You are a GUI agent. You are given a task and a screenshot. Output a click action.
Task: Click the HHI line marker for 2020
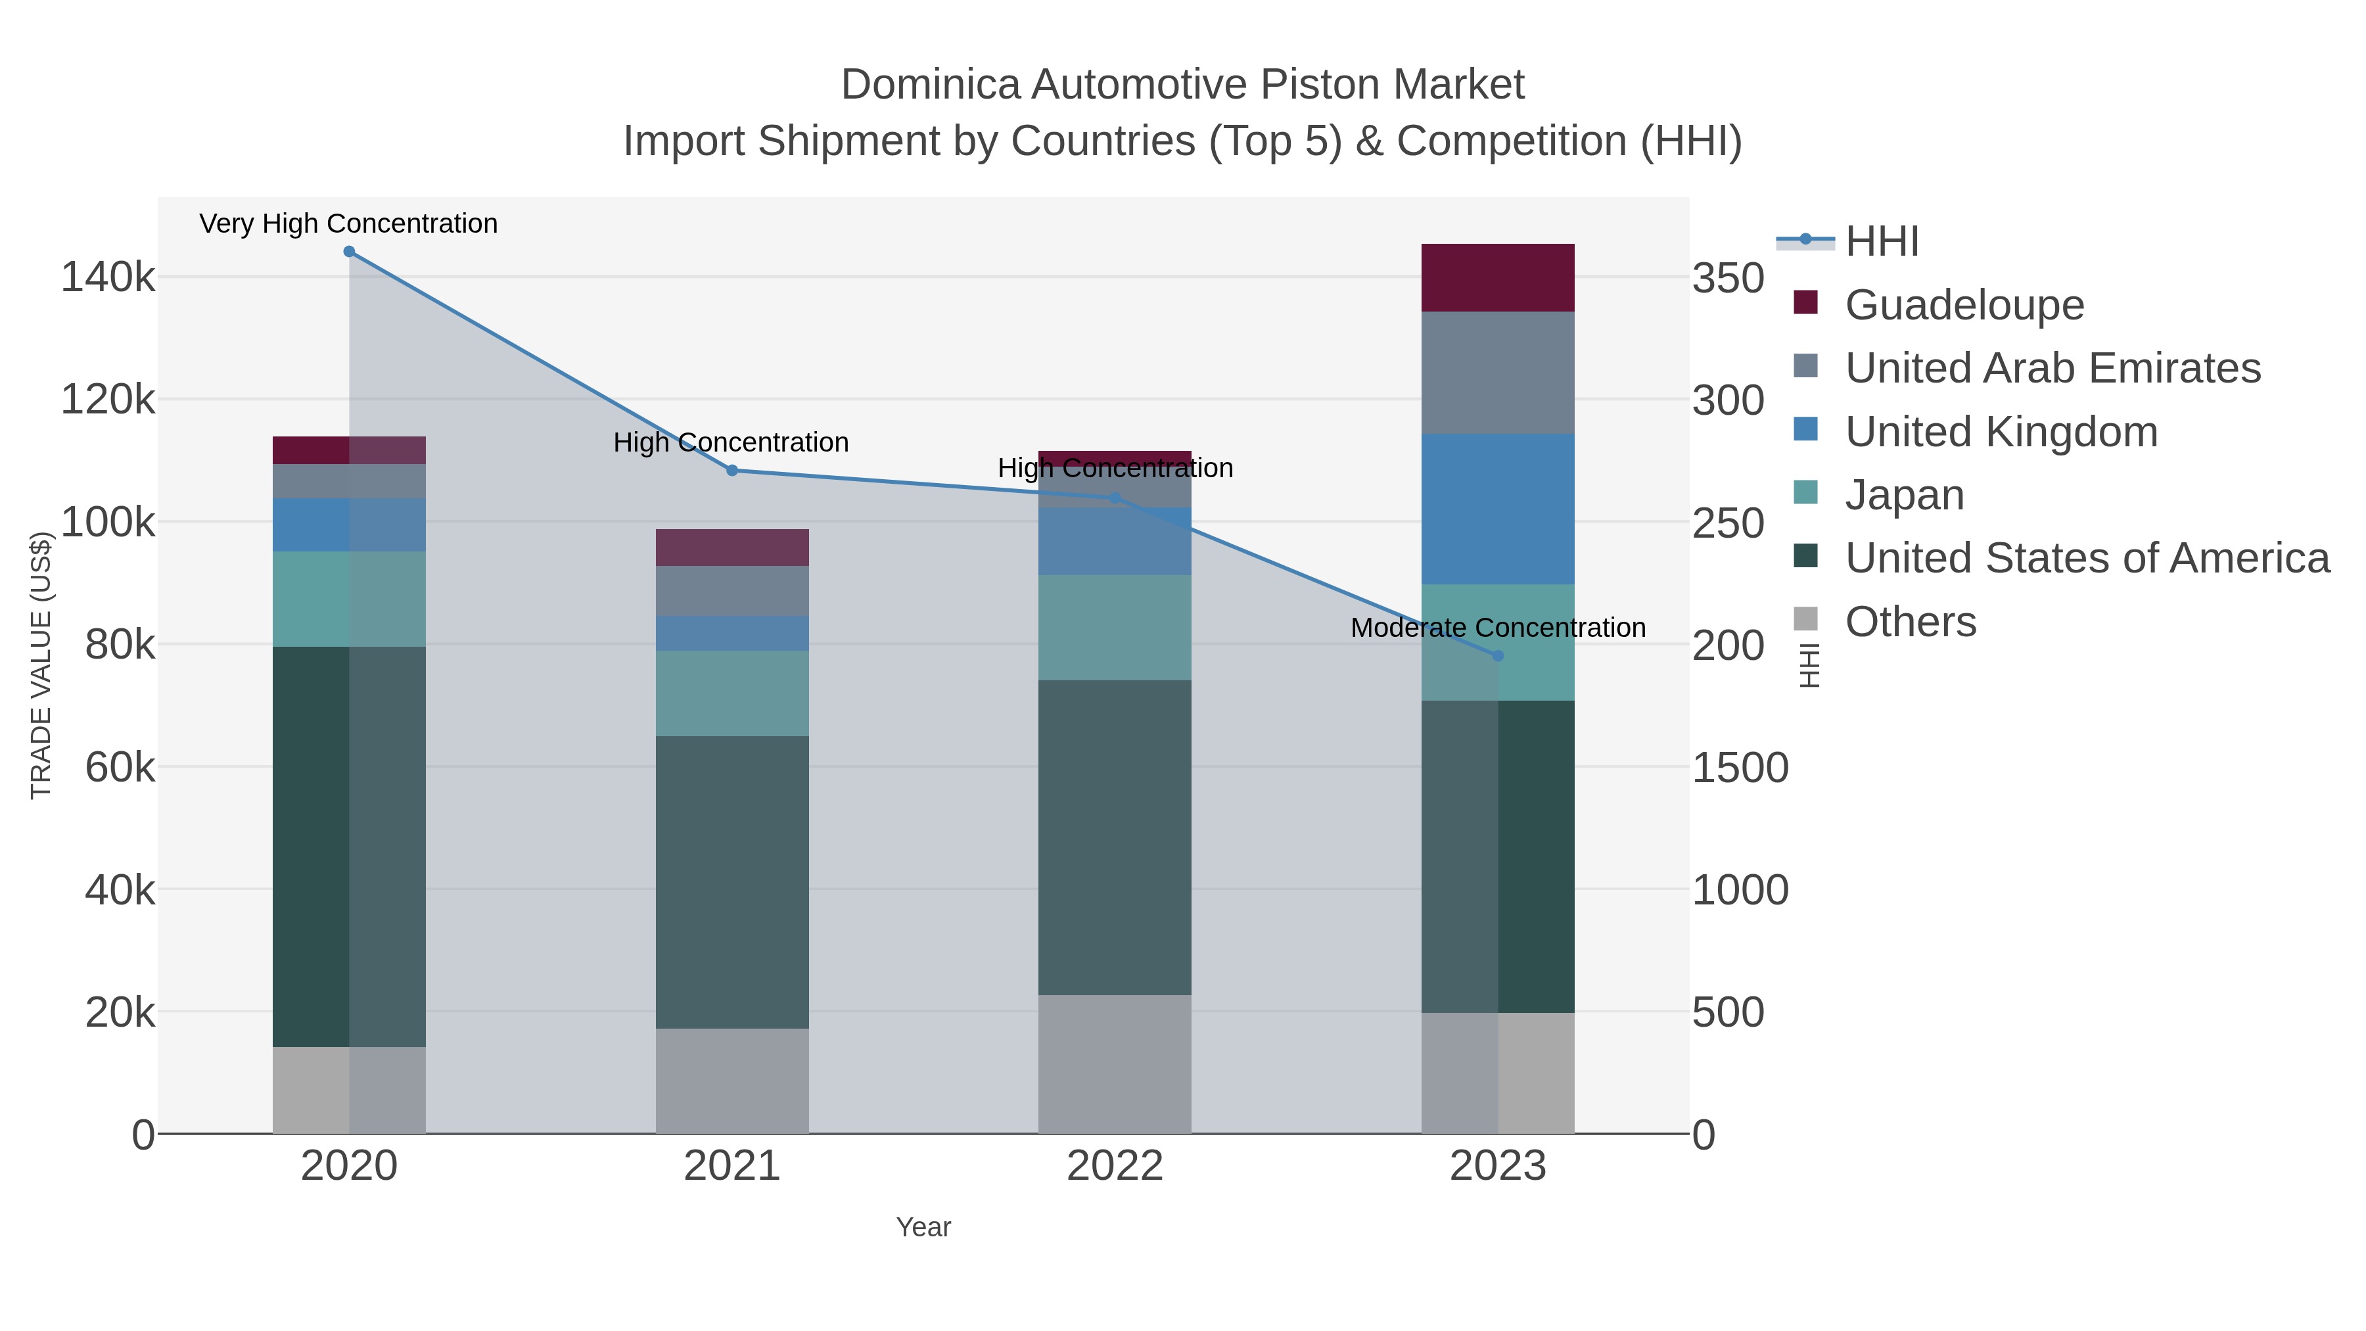[x=349, y=252]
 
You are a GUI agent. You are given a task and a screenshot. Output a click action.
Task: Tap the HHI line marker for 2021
[x=732, y=471]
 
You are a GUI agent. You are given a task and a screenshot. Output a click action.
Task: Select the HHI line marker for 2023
[x=1498, y=656]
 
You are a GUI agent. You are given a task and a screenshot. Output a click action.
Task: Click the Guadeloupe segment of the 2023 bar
[x=1498, y=277]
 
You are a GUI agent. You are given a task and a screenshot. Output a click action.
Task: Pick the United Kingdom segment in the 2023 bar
[x=1498, y=509]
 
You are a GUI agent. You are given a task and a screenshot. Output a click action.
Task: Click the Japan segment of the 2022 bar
[x=1115, y=628]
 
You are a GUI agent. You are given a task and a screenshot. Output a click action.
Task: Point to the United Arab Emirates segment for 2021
[x=732, y=591]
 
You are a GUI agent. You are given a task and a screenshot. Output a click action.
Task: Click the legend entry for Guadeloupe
[x=1964, y=305]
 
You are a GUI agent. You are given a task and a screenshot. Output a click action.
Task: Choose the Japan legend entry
[x=1904, y=495]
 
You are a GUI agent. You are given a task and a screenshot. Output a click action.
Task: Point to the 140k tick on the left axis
[x=108, y=277]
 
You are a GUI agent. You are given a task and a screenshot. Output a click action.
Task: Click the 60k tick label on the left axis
[x=120, y=768]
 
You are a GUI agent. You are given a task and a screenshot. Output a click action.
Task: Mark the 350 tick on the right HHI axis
[x=1728, y=278]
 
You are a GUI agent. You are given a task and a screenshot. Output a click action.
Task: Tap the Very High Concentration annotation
[x=349, y=224]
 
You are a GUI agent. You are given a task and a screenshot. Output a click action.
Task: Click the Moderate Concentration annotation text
[x=1498, y=628]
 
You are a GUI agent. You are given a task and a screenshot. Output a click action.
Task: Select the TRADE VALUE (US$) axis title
[x=41, y=665]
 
